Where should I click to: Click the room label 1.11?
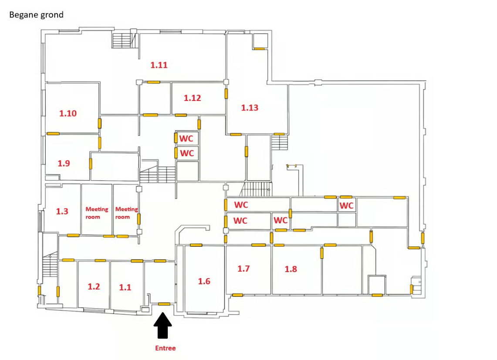click(x=159, y=65)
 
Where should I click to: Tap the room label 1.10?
click(x=68, y=113)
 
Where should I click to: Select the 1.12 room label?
click(x=192, y=98)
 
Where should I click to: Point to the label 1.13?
click(x=250, y=108)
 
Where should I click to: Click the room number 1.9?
click(x=64, y=163)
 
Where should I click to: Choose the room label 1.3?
click(x=62, y=212)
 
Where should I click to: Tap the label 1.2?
click(x=94, y=286)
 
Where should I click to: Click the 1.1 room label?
click(x=125, y=287)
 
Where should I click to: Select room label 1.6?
click(x=204, y=281)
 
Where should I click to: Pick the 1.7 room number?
click(x=243, y=269)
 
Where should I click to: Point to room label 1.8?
click(x=291, y=269)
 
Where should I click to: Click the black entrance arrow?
click(x=162, y=326)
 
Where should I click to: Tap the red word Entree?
click(x=165, y=348)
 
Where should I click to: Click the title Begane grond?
click(x=36, y=15)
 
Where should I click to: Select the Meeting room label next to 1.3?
click(x=97, y=213)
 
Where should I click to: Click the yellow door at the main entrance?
click(x=164, y=304)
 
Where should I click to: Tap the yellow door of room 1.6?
click(x=196, y=245)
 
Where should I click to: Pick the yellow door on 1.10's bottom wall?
click(x=53, y=134)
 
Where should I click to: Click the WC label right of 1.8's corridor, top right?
click(x=346, y=205)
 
